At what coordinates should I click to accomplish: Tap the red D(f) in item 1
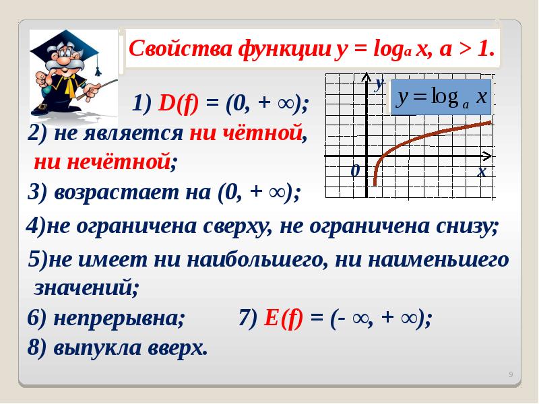[x=178, y=104]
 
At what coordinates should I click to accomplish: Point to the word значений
[x=86, y=288]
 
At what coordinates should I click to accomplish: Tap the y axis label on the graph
[x=379, y=83]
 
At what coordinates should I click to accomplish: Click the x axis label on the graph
[x=482, y=171]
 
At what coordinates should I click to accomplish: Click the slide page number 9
[x=511, y=374]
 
